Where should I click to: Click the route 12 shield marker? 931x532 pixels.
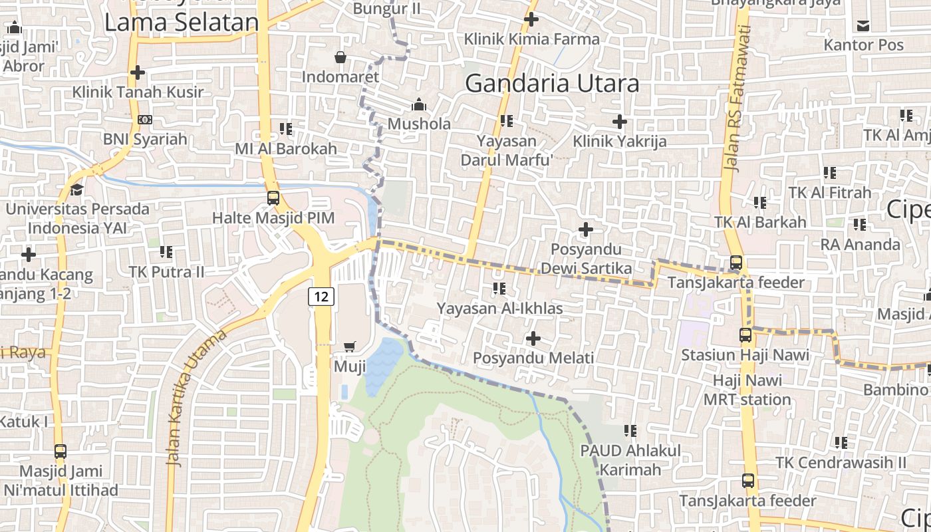coord(321,296)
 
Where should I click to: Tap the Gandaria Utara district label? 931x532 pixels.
coord(552,84)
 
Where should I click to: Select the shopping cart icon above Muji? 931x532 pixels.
coord(350,346)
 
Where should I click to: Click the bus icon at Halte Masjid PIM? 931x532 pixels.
coord(273,198)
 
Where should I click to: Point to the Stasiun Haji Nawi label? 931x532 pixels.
coord(745,354)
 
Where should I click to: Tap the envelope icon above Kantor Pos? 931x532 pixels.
coord(863,26)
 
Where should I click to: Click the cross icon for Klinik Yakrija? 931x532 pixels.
coord(619,121)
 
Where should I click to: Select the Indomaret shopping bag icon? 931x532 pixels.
coord(340,57)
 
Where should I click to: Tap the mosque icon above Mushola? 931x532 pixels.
coord(418,104)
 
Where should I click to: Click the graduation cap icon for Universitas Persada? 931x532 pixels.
coord(76,190)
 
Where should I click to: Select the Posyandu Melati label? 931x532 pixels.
coord(533,358)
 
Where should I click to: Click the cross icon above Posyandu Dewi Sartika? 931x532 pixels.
coord(585,229)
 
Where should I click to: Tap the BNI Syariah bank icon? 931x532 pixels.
coord(144,120)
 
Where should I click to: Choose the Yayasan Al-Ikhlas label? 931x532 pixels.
coord(499,309)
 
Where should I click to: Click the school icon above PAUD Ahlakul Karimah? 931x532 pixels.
coord(630,430)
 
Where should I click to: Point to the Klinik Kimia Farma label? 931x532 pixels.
coord(531,39)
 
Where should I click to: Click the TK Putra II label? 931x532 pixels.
coord(166,271)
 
